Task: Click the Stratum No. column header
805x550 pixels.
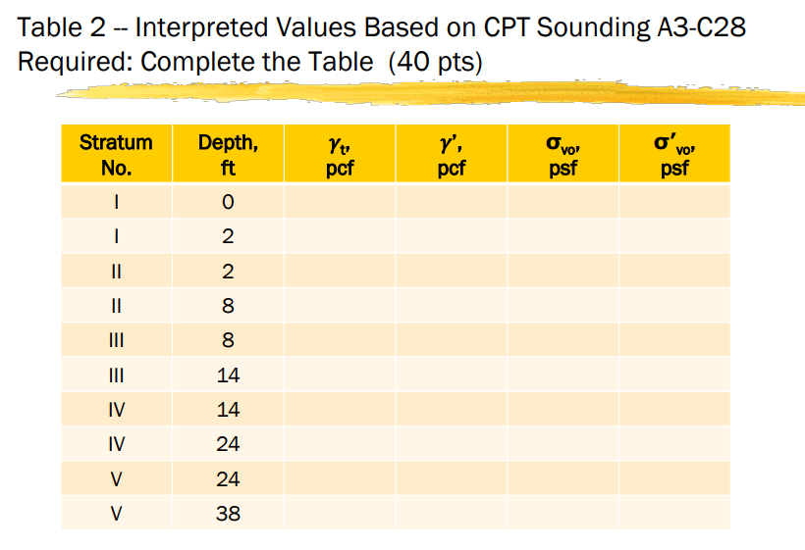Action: [116, 154]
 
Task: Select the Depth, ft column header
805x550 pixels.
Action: [228, 154]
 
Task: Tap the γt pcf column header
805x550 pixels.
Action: [339, 154]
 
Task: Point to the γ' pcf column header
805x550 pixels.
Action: [451, 154]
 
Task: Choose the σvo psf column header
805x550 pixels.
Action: [563, 154]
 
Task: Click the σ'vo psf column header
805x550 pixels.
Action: [674, 154]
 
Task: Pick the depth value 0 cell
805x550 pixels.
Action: [228, 203]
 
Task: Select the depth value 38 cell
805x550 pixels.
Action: [228, 513]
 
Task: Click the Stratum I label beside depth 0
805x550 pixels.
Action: [116, 203]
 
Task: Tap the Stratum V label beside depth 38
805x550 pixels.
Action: [116, 513]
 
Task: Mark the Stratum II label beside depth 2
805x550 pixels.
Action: [116, 272]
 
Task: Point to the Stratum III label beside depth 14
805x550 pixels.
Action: [116, 375]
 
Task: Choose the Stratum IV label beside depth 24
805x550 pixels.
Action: [116, 444]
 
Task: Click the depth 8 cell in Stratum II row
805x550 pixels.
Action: [228, 306]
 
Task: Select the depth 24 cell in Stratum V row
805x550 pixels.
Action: [228, 478]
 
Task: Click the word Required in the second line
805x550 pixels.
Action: [75, 62]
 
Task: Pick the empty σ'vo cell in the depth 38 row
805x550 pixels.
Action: [674, 513]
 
